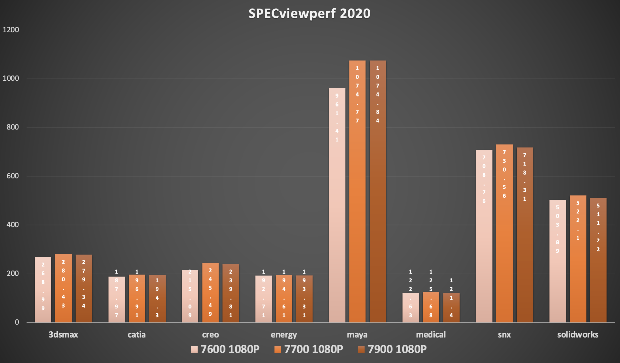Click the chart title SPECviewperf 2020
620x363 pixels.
(309, 14)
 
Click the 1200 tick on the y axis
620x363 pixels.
(11, 30)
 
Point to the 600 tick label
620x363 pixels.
(13, 176)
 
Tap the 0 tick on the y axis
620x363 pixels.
(17, 322)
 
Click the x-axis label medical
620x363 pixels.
(431, 335)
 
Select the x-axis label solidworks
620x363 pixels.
(578, 335)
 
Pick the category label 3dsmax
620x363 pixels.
(63, 335)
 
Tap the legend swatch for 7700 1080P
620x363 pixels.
(278, 349)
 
